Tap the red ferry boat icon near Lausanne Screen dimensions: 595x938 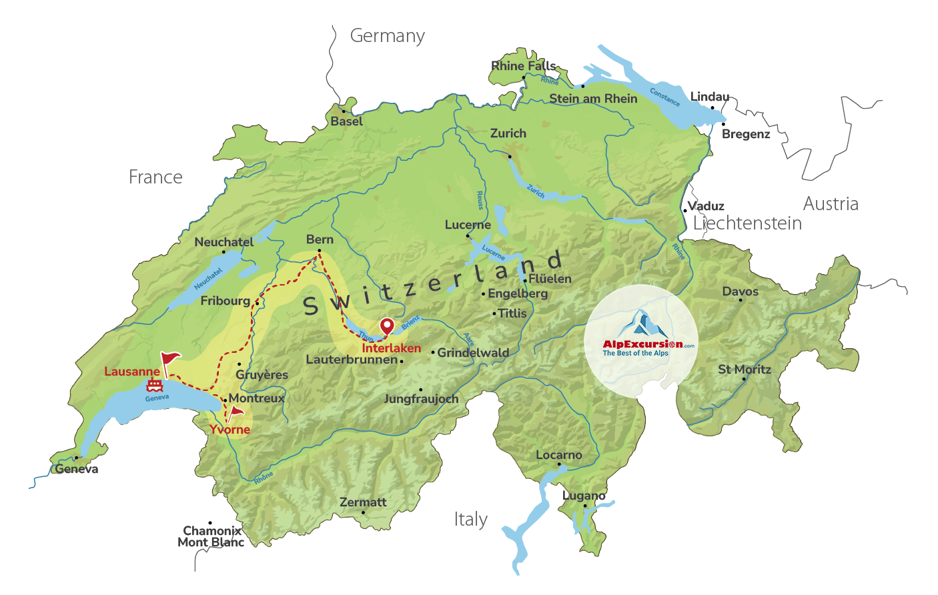tap(155, 385)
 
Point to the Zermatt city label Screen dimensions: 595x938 tap(363, 502)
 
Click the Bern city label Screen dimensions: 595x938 tap(320, 239)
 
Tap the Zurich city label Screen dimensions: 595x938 tap(508, 133)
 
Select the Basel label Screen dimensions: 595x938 tap(347, 121)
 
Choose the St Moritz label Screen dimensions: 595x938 tap(745, 370)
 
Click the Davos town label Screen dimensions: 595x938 tap(740, 291)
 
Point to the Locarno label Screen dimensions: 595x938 tap(559, 455)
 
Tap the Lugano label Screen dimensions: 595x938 tap(584, 496)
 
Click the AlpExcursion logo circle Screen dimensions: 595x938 tap(641, 341)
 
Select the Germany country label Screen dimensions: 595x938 tap(388, 36)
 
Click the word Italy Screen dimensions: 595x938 tap(471, 520)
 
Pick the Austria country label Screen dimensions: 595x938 tap(831, 204)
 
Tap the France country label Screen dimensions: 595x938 tap(155, 177)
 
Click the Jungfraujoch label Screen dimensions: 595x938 tap(421, 399)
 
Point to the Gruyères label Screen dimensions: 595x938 tap(262, 375)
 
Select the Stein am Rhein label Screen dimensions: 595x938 tap(593, 99)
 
